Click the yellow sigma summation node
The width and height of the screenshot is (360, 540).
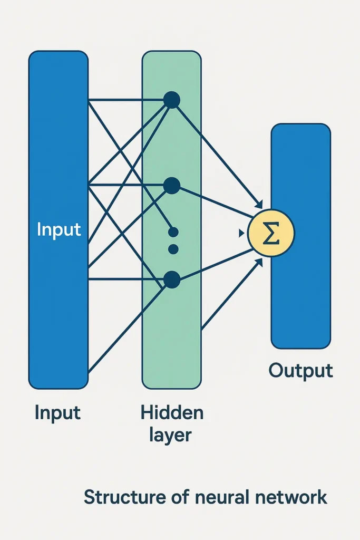point(271,233)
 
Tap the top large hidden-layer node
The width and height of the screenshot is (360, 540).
point(172,100)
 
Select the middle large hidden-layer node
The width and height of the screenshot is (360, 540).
point(172,185)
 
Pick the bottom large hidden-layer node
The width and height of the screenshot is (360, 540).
point(172,279)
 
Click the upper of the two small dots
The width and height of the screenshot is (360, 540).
point(173,232)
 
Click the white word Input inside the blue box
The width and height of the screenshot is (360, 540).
point(59,230)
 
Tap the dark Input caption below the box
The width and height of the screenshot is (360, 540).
point(57,413)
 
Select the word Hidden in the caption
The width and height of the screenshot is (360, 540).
point(172,413)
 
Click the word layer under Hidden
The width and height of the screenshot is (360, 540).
point(171,436)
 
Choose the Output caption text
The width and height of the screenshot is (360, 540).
point(300,371)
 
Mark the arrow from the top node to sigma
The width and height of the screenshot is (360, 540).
point(219,153)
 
